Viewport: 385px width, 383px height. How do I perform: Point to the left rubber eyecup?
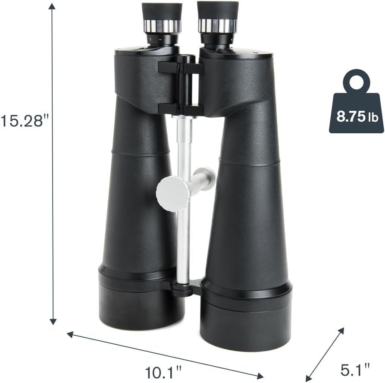[162, 11]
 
